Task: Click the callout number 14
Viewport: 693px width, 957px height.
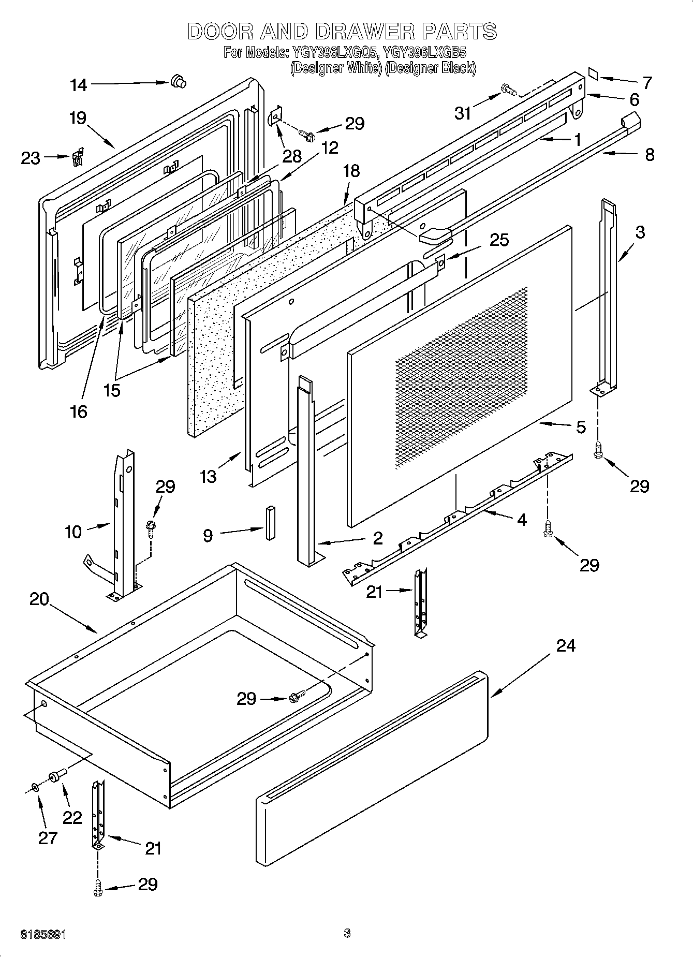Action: pos(79,85)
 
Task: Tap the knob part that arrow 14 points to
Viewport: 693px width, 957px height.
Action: pos(178,81)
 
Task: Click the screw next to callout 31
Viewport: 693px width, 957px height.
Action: pos(509,92)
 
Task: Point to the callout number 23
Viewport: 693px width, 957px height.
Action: pos(31,158)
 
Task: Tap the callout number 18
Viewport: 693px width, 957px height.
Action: pos(351,171)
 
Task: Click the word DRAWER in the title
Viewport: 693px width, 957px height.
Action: pos(364,32)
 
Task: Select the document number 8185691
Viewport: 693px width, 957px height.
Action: pos(43,934)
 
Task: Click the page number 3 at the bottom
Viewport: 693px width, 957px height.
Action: pos(347,933)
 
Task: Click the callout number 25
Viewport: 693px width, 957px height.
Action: pos(499,240)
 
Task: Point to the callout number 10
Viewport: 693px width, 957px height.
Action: pos(73,531)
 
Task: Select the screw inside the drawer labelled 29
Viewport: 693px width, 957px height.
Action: pos(297,697)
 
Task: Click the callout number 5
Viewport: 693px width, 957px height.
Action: pos(581,427)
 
